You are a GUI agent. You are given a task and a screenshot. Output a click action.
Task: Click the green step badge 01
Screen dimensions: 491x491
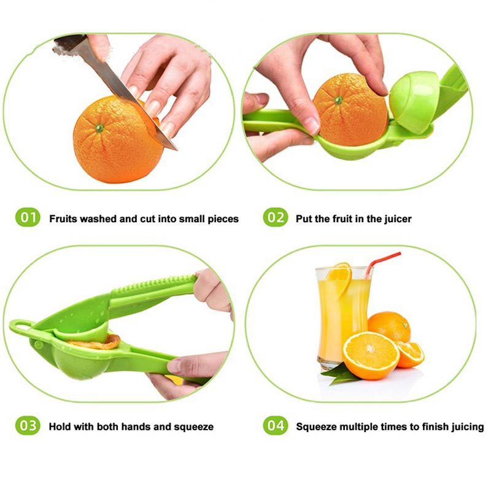click(28, 217)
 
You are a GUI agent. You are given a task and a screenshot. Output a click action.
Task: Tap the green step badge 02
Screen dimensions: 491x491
click(275, 217)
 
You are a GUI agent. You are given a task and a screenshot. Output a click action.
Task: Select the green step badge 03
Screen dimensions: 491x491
click(28, 425)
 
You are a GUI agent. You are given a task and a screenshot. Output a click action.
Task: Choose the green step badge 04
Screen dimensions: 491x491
click(275, 425)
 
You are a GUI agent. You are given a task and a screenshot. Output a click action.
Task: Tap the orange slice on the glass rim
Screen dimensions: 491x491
click(340, 277)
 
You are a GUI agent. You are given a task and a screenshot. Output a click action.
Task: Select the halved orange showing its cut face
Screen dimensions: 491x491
click(371, 355)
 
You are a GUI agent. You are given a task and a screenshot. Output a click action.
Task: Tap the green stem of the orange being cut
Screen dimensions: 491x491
click(99, 128)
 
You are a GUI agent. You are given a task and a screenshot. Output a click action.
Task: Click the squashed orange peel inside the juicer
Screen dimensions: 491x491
click(97, 343)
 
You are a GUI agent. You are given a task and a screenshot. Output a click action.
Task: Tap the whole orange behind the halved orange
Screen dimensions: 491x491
click(390, 327)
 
